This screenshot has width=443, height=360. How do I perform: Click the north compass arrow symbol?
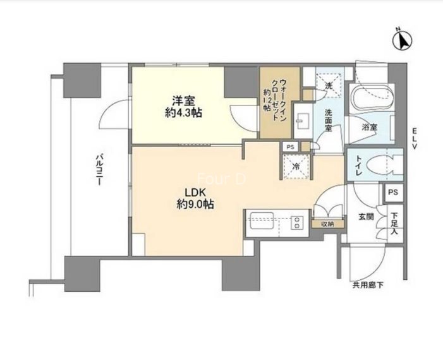[x=403, y=40]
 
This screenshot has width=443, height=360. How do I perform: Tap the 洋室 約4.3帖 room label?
[x=184, y=107]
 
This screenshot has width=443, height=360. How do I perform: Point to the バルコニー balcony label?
[x=99, y=169]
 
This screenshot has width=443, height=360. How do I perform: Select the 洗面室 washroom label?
[x=328, y=121]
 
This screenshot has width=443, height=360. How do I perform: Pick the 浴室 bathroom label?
[x=370, y=128]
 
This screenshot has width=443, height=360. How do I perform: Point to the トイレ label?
[x=358, y=165]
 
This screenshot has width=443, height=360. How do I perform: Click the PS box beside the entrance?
[x=393, y=193]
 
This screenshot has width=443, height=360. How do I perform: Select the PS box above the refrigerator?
[x=290, y=147]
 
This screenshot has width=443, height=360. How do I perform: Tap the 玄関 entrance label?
[x=367, y=217]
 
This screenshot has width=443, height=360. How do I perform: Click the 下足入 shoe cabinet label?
[x=395, y=224]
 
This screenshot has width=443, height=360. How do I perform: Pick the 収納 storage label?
[x=328, y=224]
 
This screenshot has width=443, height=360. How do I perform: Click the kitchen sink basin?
[x=260, y=222]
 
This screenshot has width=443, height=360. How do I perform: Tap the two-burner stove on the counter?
[x=296, y=222]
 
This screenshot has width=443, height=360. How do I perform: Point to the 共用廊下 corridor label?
[x=368, y=285]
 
